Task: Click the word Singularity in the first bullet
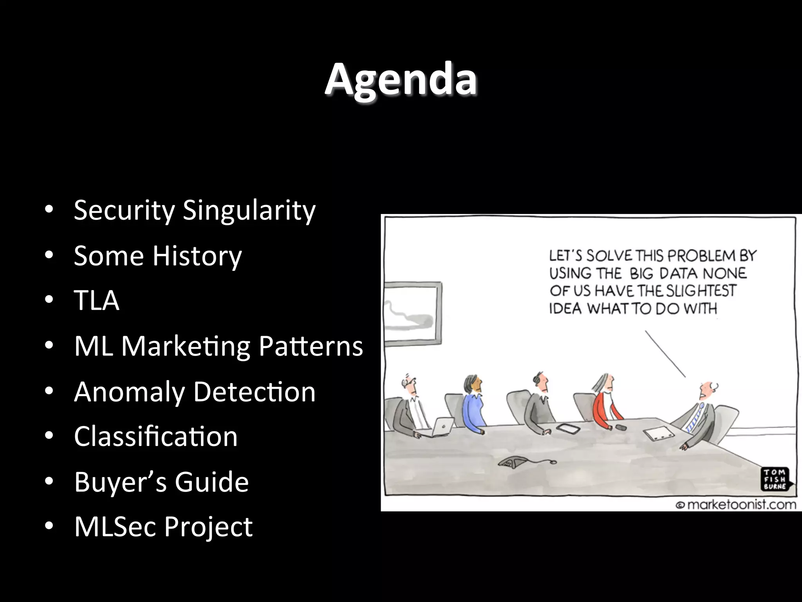tap(249, 210)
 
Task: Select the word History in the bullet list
tap(197, 256)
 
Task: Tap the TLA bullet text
tap(96, 301)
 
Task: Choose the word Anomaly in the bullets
tap(129, 392)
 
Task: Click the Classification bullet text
tap(155, 437)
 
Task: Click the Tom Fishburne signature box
tap(775, 479)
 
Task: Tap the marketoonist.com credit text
tap(736, 504)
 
